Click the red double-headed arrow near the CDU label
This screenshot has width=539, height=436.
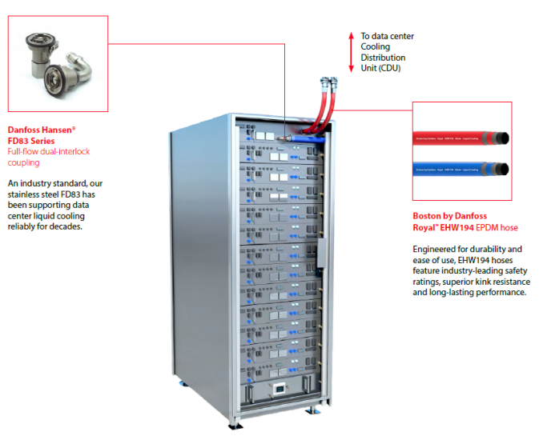click(351, 52)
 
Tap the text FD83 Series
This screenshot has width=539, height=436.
click(31, 140)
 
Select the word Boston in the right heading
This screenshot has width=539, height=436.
click(428, 216)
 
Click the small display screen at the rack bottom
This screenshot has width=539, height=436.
click(280, 389)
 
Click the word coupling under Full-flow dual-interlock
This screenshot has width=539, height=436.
click(23, 162)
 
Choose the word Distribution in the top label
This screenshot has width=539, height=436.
click(383, 58)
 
